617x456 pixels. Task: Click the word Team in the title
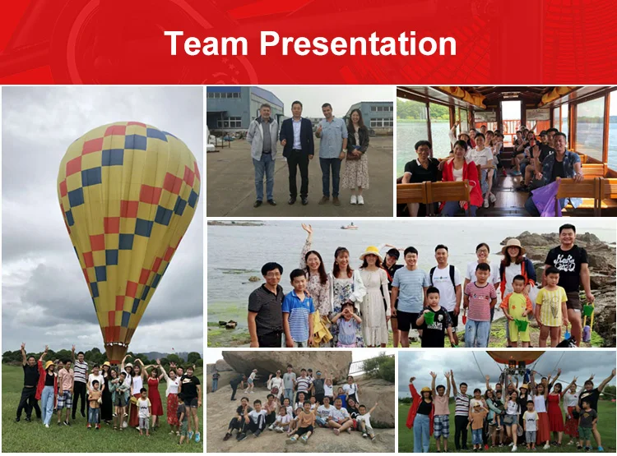206,43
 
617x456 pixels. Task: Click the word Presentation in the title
358,43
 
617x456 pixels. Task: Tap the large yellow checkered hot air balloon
128,232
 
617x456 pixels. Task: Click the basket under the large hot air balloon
117,352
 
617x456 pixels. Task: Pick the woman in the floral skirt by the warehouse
355,156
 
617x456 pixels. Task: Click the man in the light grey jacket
263,155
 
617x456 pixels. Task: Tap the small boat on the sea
350,227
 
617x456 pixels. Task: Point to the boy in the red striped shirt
480,305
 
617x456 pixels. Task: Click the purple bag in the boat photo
548,198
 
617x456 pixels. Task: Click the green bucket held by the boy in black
429,317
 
